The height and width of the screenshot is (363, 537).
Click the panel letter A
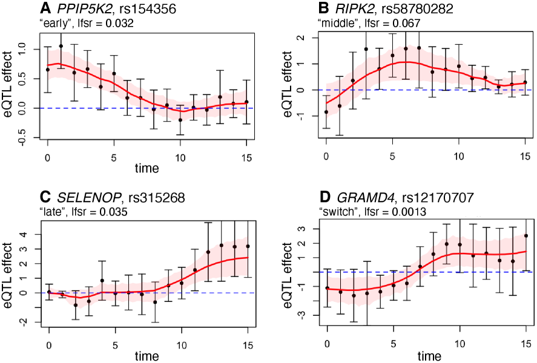(x=45, y=8)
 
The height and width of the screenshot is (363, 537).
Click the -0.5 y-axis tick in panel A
(x=23, y=139)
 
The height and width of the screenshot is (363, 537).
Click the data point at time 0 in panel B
(x=326, y=112)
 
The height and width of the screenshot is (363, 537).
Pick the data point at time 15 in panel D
(x=526, y=236)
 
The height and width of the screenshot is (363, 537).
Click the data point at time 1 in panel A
(x=61, y=46)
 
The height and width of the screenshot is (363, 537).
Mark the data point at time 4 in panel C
(x=102, y=281)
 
